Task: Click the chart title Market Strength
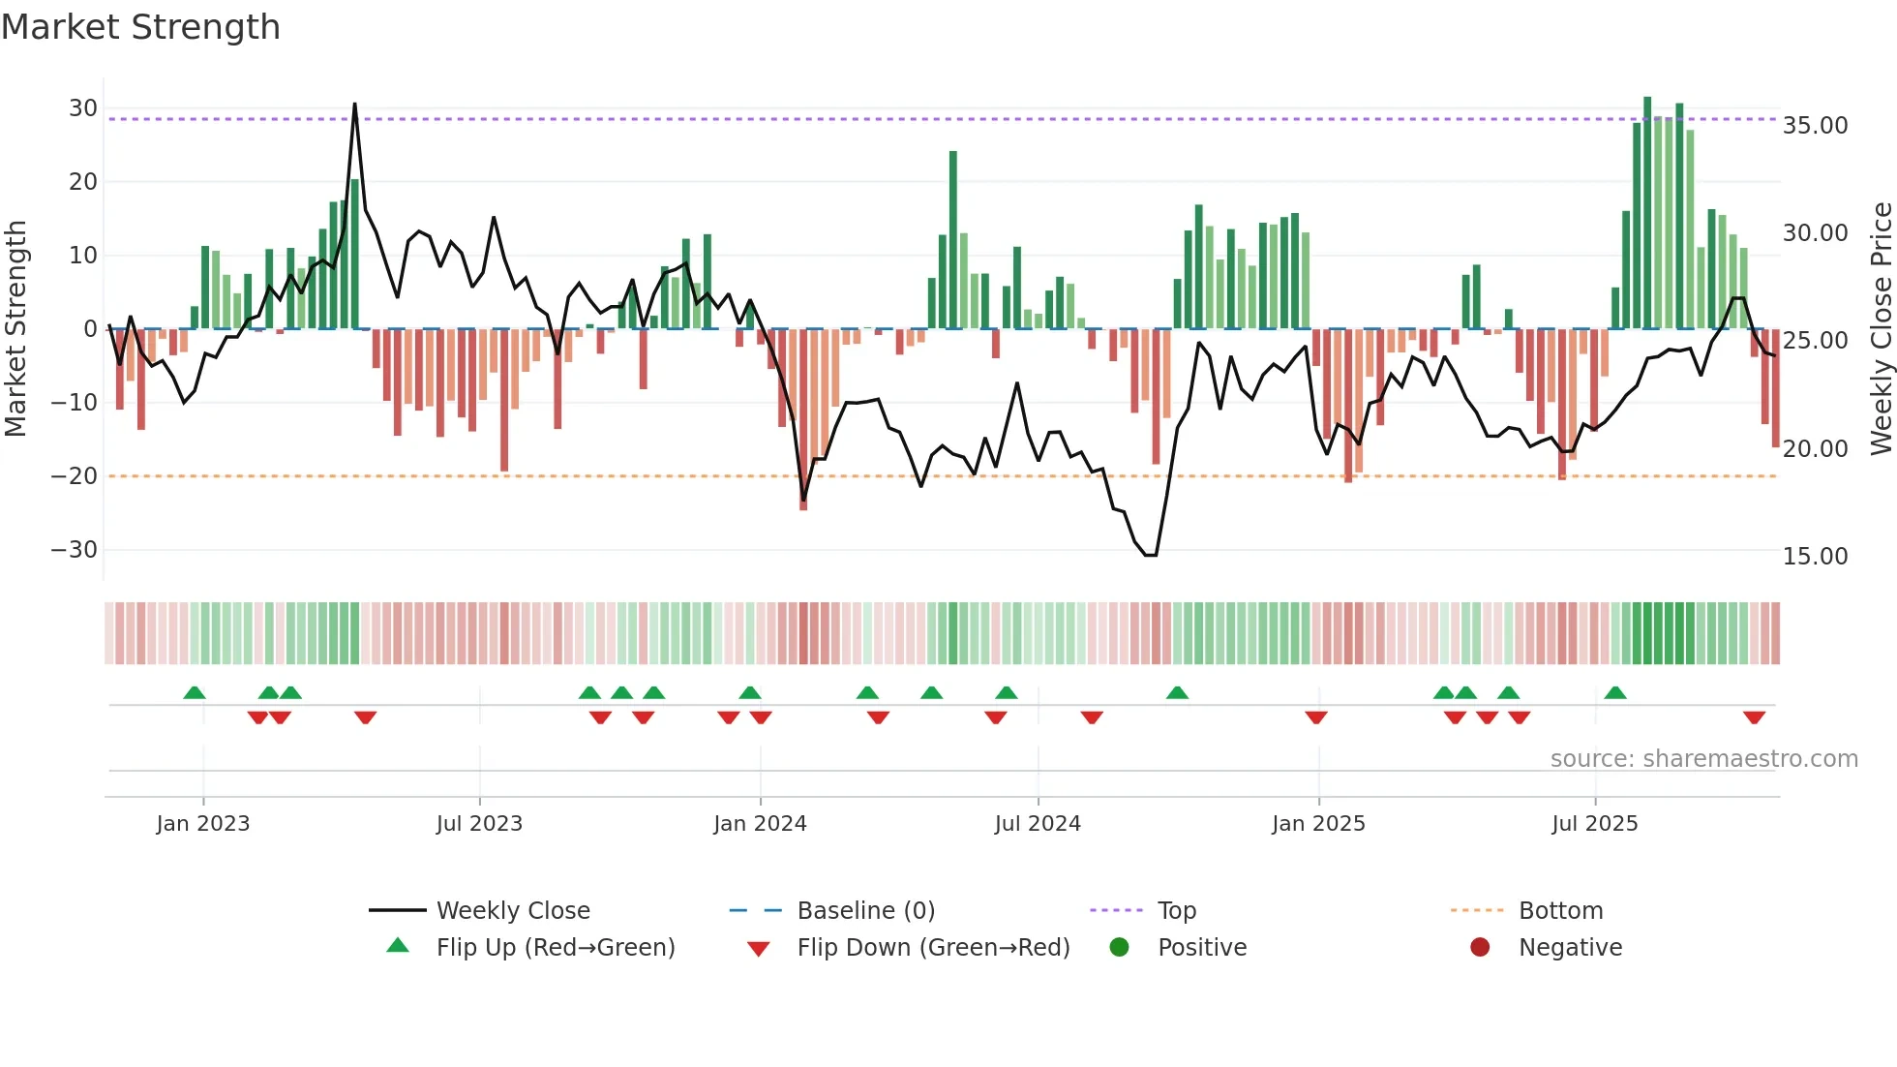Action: pyautogui.click(x=140, y=27)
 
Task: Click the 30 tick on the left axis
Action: pyautogui.click(x=83, y=108)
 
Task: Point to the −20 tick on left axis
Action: pyautogui.click(x=75, y=476)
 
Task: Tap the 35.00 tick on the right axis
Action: pyautogui.click(x=1815, y=126)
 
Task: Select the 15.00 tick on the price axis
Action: pyautogui.click(x=1815, y=557)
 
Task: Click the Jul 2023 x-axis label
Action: pyautogui.click(x=479, y=824)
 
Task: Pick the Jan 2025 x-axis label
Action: pyautogui.click(x=1318, y=824)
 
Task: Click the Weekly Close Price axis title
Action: pyautogui.click(x=1881, y=329)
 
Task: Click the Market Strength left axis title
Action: pyautogui.click(x=15, y=329)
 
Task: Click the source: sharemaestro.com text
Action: pyautogui.click(x=1703, y=759)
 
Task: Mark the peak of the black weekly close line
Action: pyautogui.click(x=355, y=104)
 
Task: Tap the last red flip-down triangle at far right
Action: pyautogui.click(x=1754, y=717)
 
